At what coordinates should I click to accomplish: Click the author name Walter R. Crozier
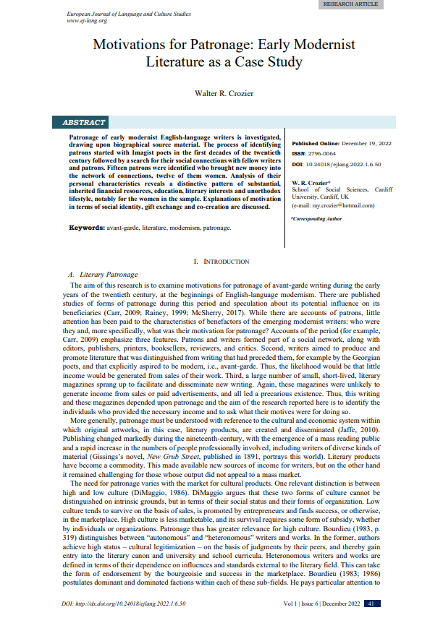[220, 93]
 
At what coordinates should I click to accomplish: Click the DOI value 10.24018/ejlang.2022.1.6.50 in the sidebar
[347, 164]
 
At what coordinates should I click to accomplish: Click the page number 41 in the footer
[371, 603]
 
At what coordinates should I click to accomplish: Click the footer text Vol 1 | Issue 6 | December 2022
[321, 603]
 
